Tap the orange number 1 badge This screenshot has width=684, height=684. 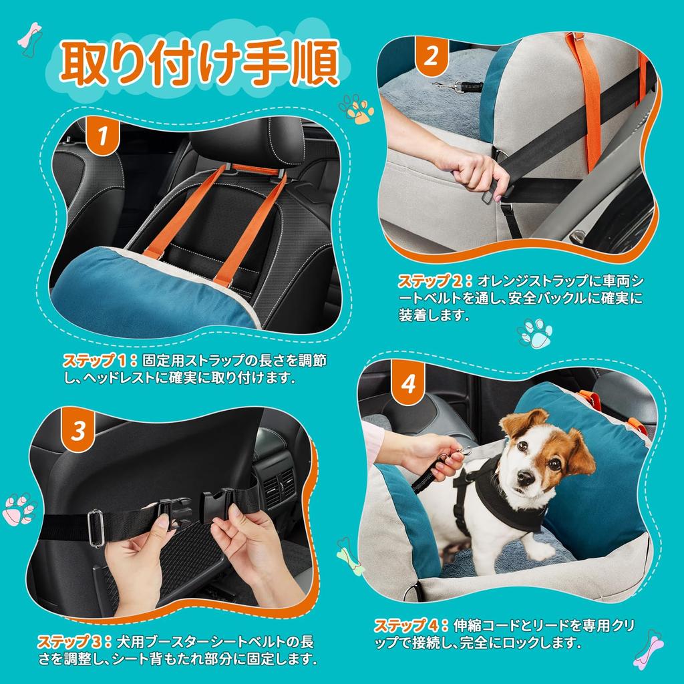(x=102, y=136)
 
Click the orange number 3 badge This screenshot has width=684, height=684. (x=79, y=432)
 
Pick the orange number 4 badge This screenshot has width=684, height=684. (x=408, y=385)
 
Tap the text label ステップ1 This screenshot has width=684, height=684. (x=98, y=361)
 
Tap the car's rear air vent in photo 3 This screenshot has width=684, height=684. (x=277, y=486)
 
